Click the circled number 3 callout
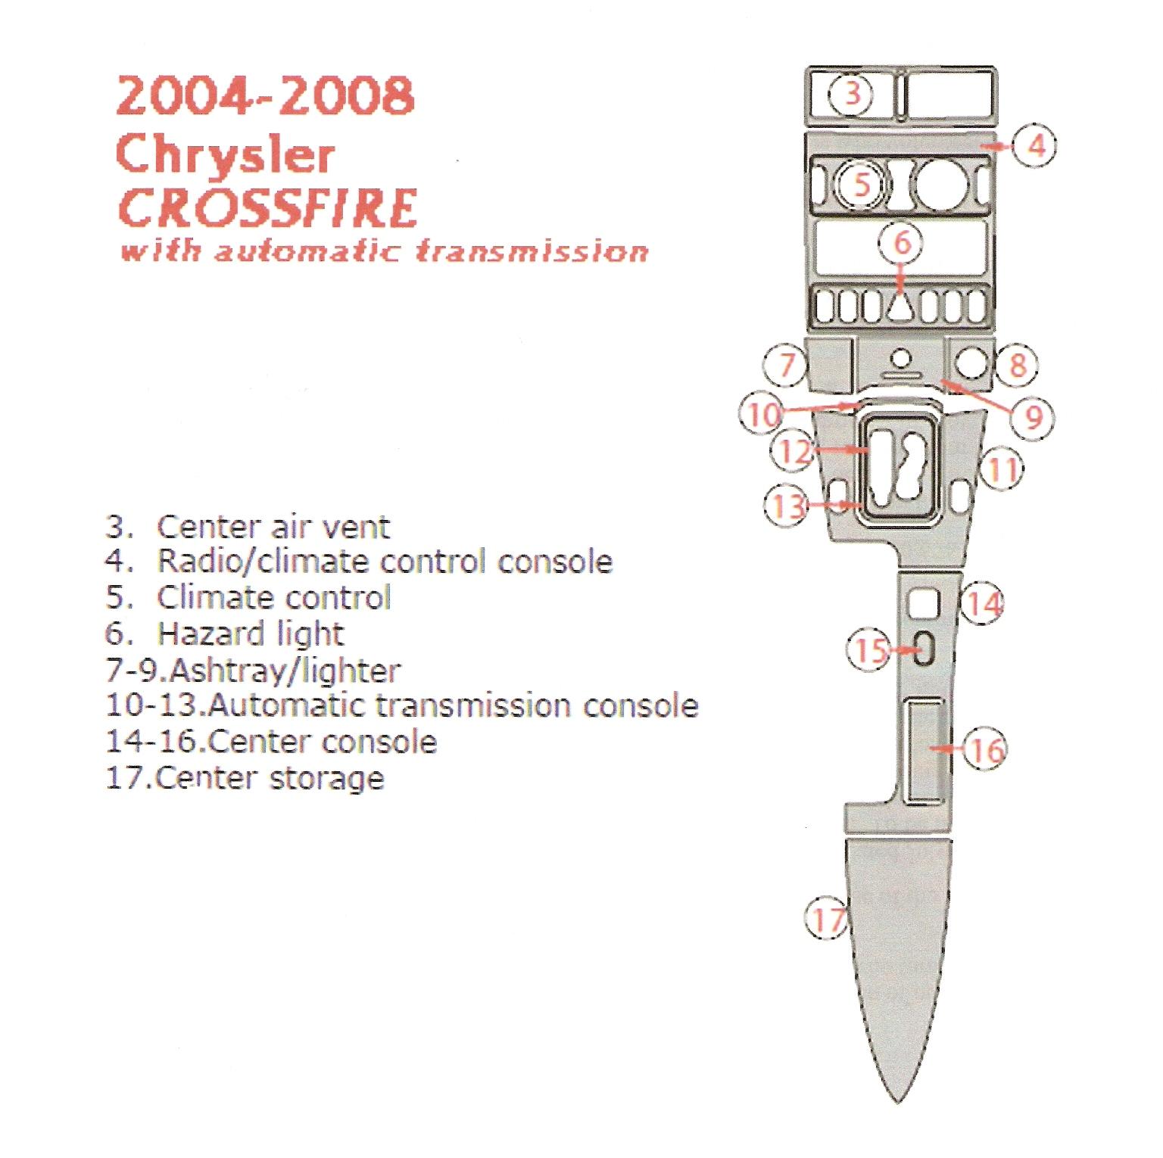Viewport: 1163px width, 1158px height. (852, 94)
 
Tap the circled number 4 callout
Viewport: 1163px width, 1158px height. (1035, 145)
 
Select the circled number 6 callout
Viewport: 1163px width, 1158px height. (902, 242)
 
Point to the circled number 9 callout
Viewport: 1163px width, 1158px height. (1033, 416)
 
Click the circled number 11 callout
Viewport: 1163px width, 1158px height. (1002, 469)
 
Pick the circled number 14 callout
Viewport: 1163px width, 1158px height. (984, 603)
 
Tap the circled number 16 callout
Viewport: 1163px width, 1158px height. (985, 749)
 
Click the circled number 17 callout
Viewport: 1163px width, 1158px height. (827, 918)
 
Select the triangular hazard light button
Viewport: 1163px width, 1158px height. (900, 308)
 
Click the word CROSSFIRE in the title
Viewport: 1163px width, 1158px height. (267, 208)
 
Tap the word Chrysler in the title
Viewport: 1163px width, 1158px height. (225, 154)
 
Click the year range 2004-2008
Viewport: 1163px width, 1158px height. (265, 95)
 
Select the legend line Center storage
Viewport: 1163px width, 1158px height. (245, 779)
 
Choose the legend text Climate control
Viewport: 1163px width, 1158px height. (273, 597)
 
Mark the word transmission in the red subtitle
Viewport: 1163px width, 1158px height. (532, 251)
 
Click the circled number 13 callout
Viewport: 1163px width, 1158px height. (787, 505)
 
